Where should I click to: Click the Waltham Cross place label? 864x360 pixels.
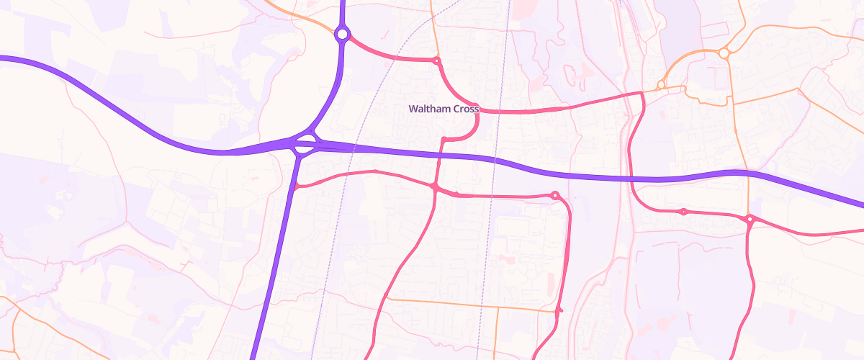444,109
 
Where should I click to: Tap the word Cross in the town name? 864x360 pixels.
465,109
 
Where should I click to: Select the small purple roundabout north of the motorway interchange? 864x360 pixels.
342,34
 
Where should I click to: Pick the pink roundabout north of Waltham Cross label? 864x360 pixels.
436,61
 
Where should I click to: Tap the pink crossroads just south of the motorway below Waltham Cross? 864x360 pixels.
435,187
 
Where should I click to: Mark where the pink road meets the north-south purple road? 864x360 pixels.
296,186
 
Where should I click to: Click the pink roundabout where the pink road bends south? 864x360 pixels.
555,195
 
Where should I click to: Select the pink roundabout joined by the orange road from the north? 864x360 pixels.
749,219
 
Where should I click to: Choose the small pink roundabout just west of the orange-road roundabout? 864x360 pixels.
683,212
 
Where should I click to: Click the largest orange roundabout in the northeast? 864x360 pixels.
724,53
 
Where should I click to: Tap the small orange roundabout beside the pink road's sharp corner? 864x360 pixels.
660,86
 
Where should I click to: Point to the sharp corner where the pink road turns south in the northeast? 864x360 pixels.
641,94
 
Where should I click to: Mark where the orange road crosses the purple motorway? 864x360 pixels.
748,173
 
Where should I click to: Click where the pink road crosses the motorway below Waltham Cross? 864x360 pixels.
438,156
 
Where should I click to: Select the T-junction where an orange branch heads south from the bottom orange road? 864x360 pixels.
498,307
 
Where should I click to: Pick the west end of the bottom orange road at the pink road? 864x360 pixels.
387,297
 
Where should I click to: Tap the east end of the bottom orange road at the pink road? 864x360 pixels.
559,310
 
